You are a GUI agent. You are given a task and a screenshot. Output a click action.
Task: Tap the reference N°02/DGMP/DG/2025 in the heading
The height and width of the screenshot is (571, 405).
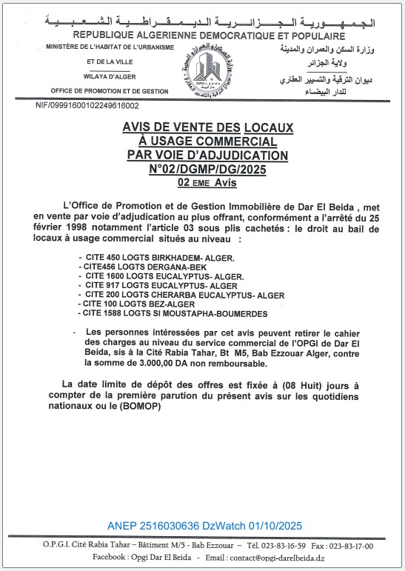pyautogui.click(x=201, y=169)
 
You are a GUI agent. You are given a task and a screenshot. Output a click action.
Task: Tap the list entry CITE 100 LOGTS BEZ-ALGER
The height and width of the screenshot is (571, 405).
pyautogui.click(x=136, y=304)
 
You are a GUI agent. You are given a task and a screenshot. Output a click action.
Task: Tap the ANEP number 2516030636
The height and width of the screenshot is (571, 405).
pyautogui.click(x=174, y=526)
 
